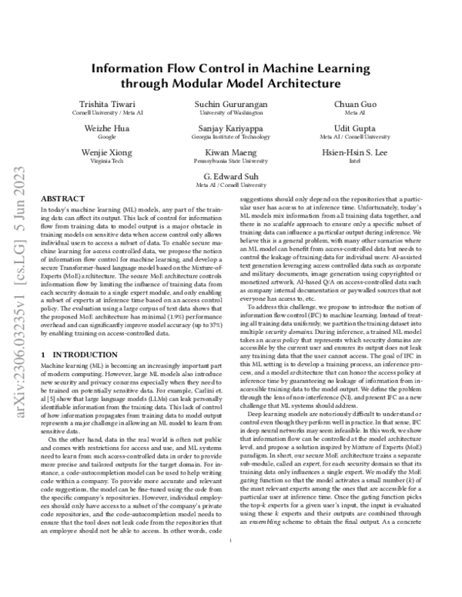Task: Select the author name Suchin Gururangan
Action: [231, 104]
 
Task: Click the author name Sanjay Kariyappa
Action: [231, 128]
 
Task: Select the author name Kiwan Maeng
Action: [231, 152]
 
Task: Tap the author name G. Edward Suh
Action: [231, 176]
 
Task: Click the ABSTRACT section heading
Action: [57, 198]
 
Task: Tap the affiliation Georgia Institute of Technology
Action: [231, 137]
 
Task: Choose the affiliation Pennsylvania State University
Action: [231, 162]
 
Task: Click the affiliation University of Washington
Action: [231, 113]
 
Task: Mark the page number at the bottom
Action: [231, 562]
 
